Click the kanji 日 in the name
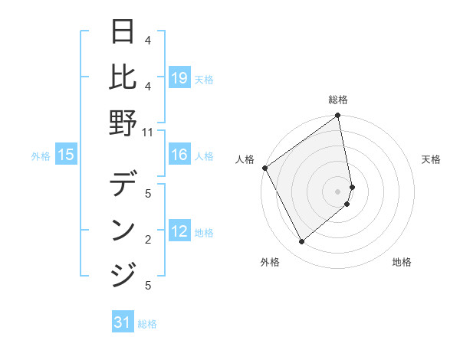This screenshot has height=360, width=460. (123, 33)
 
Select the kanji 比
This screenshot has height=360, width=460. (123, 77)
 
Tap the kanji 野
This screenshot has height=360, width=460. (123, 123)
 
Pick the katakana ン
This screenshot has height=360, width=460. (123, 230)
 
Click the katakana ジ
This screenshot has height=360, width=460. (123, 273)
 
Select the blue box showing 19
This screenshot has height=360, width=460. (179, 77)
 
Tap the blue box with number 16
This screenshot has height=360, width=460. (179, 155)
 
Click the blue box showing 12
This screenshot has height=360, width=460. (179, 232)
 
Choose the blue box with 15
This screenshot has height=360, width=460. (66, 155)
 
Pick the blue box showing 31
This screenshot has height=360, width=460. (123, 322)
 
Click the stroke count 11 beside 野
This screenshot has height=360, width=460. (147, 131)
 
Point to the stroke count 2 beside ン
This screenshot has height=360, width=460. (147, 240)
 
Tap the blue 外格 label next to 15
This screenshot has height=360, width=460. (41, 156)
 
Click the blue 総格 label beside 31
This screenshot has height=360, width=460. (147, 324)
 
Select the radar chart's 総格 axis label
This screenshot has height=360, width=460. (338, 100)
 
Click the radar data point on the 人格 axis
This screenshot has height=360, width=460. (264, 168)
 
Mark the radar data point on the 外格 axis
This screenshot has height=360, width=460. (301, 242)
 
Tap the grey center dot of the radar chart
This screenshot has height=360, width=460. (338, 191)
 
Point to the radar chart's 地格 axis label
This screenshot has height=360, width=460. (402, 262)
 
